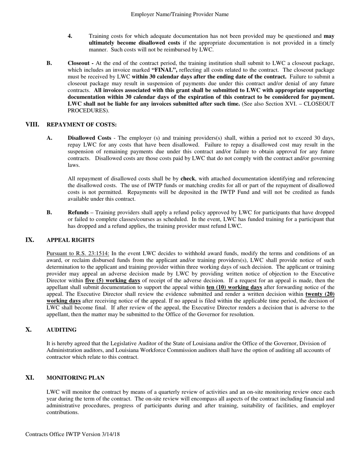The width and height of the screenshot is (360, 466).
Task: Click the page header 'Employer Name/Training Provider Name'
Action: (180, 14)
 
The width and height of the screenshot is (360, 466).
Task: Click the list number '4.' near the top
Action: (70, 36)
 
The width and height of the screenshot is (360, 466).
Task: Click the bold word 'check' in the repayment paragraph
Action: (188, 178)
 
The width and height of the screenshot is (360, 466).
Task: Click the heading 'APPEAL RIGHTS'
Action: (70, 240)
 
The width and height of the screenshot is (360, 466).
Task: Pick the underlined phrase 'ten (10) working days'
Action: (234, 288)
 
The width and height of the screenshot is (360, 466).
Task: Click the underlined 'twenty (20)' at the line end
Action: (320, 294)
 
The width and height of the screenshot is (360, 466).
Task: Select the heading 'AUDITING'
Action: (61, 330)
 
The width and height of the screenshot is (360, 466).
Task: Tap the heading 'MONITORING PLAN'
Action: (75, 378)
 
